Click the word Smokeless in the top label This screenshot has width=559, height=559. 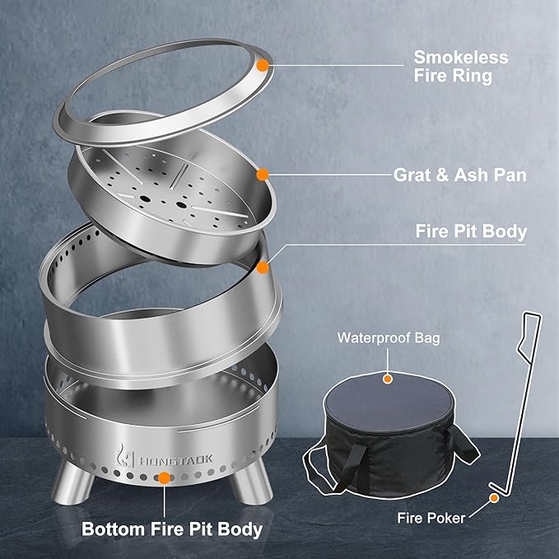(460, 58)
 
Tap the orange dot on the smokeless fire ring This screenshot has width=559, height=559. (263, 63)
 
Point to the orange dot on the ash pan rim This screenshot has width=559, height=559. (263, 175)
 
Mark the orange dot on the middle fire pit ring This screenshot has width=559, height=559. (263, 267)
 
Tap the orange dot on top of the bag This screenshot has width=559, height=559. (387, 379)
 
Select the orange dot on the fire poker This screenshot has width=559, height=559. (495, 496)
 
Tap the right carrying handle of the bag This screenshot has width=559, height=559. (467, 443)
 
